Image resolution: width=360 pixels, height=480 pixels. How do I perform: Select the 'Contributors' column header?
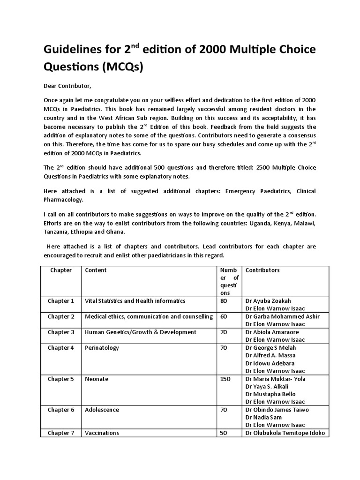click(262, 270)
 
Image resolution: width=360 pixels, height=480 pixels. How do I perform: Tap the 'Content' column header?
click(96, 270)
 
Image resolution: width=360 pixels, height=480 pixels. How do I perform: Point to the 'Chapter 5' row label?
click(61, 379)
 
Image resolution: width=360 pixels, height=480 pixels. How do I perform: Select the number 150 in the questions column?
click(225, 379)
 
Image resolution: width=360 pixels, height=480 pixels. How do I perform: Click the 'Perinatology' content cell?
click(102, 348)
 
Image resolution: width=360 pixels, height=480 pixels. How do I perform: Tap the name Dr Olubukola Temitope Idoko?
click(285, 433)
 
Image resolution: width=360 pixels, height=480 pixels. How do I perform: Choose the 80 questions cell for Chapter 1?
click(224, 301)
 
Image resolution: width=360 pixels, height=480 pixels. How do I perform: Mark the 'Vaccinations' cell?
click(102, 433)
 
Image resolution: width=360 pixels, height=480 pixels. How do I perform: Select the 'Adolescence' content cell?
click(102, 410)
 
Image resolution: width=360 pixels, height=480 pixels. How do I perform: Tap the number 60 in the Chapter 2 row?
click(224, 317)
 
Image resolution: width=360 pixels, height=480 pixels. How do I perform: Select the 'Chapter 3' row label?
click(61, 332)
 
